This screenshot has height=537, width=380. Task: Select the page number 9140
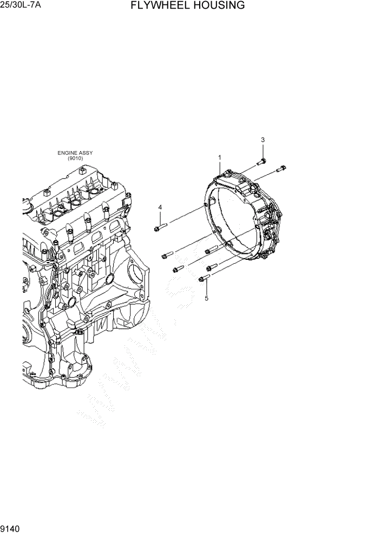tap(11, 528)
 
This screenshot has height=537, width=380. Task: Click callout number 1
tap(220, 158)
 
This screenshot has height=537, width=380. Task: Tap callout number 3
tap(263, 140)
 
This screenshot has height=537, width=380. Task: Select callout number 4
tap(160, 207)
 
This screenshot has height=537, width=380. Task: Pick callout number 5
tap(206, 298)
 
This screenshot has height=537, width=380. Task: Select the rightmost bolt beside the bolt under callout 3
tap(280, 169)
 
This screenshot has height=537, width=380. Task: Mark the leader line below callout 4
tap(160, 218)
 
